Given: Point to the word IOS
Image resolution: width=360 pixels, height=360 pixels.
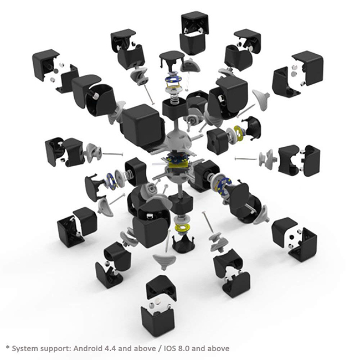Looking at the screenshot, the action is [x=169, y=348].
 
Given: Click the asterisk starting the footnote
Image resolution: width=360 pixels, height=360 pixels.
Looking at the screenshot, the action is [x=8, y=347].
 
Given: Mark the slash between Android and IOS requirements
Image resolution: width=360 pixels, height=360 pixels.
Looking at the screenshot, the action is [x=160, y=348].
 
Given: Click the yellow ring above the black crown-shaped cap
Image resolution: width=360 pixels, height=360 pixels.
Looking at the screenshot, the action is [x=183, y=227].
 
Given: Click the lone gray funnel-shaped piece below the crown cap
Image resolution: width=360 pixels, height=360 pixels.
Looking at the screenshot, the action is [x=164, y=261].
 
